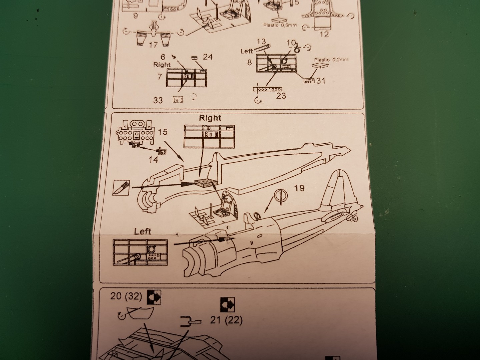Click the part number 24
[x=208, y=57]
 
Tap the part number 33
[x=158, y=100]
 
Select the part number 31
[x=321, y=80]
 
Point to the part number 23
[x=281, y=96]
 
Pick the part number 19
[x=299, y=188]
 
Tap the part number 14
[x=153, y=160]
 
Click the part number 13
[x=261, y=41]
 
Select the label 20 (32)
[x=126, y=296]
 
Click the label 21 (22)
[x=226, y=320]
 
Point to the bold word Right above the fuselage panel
[x=210, y=118]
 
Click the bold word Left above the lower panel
[x=143, y=231]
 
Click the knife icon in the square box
[x=122, y=188]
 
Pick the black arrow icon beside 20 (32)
[x=154, y=297]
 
